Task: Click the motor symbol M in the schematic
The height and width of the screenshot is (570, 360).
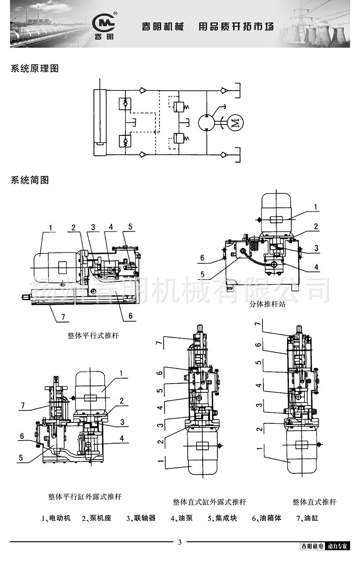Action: [x=235, y=122]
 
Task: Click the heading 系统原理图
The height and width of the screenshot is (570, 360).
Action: [x=35, y=69]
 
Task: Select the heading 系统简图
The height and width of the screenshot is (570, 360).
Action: [x=30, y=180]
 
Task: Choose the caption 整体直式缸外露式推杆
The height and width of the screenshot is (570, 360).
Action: [x=210, y=502]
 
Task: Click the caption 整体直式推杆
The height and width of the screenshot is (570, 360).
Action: [x=314, y=502]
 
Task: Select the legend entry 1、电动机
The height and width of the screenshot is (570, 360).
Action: [x=56, y=518]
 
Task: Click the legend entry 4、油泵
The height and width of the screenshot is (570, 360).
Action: [x=181, y=518]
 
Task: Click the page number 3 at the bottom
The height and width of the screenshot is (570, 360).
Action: [x=180, y=542]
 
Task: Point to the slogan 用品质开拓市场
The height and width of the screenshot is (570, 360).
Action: [x=236, y=27]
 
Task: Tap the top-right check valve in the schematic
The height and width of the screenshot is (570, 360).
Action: [x=223, y=91]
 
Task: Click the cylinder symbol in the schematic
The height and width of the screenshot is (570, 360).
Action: [x=99, y=122]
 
